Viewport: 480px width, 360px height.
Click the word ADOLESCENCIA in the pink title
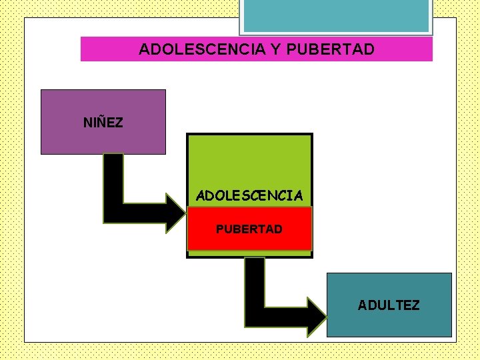[x=192, y=49]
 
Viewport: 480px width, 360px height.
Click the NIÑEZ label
[x=103, y=123]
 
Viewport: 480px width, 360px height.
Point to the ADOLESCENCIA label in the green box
[x=249, y=196]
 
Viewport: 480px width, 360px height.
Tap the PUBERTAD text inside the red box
[x=249, y=229]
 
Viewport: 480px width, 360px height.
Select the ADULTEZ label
[x=389, y=305]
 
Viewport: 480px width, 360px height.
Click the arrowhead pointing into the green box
[x=176, y=212]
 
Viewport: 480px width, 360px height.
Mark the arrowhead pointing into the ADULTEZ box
[x=317, y=317]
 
